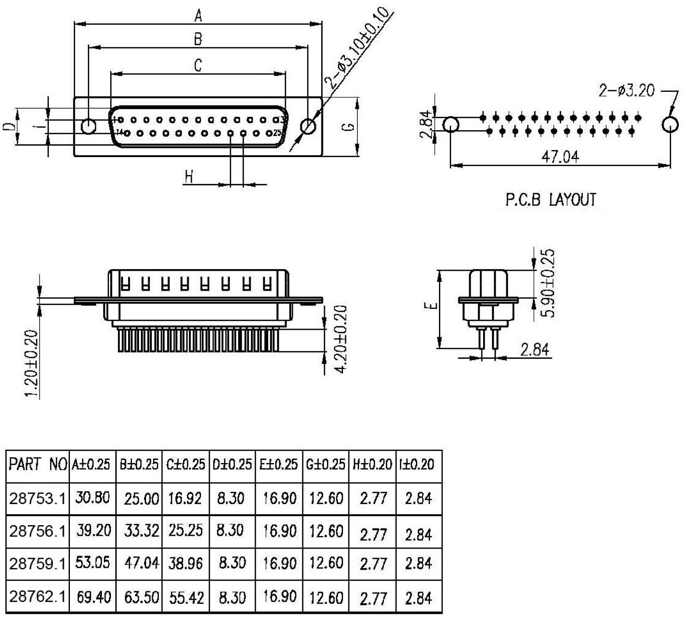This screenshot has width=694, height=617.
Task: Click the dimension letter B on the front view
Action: tap(198, 39)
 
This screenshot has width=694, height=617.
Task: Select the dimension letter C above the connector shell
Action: tap(198, 65)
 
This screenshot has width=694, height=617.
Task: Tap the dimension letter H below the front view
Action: tap(189, 177)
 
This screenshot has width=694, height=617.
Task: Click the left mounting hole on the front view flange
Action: tap(89, 126)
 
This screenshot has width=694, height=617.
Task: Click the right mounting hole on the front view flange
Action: tap(308, 126)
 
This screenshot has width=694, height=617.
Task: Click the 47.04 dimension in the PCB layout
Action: tap(560, 157)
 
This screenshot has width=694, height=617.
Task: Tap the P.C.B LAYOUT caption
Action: tap(551, 200)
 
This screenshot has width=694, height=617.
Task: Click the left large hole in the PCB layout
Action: tap(451, 125)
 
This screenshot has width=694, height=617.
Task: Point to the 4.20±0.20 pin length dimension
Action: tap(341, 339)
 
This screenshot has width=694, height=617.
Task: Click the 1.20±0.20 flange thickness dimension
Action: tap(32, 363)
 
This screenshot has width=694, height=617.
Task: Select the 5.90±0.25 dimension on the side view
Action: tap(549, 283)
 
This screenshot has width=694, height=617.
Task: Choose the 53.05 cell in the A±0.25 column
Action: tap(93, 563)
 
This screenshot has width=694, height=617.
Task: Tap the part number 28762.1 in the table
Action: tap(37, 597)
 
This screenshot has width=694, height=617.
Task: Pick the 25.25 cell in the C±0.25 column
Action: tap(186, 531)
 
